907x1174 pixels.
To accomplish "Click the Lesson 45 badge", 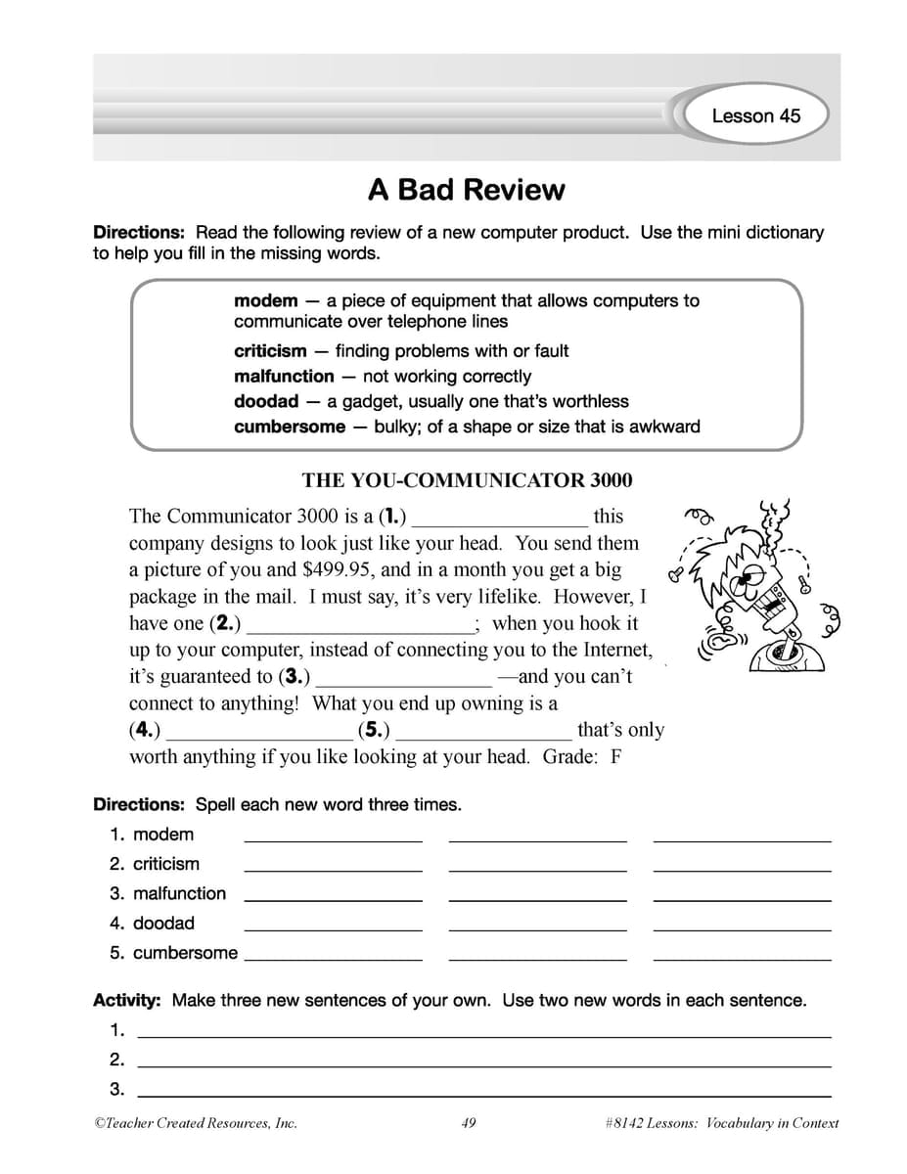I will coord(754,115).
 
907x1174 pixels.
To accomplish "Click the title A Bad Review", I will coord(466,189).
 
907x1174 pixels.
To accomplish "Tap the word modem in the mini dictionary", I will coord(265,301).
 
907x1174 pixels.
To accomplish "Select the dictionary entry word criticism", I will coord(270,350).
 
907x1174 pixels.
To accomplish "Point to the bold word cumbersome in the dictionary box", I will coord(290,427).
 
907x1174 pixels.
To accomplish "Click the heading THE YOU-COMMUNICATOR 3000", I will coord(467,480).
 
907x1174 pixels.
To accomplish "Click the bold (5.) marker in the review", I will coord(374,730).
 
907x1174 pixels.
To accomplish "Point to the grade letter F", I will coord(615,757).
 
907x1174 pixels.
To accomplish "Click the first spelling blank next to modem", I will coord(333,837).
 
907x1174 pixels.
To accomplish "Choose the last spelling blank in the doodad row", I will coord(742,926).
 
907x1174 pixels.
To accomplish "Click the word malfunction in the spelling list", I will coord(179,893).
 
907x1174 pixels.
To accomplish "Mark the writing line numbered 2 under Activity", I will coord(484,1062).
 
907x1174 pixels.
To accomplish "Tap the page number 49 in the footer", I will coord(468,1123).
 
